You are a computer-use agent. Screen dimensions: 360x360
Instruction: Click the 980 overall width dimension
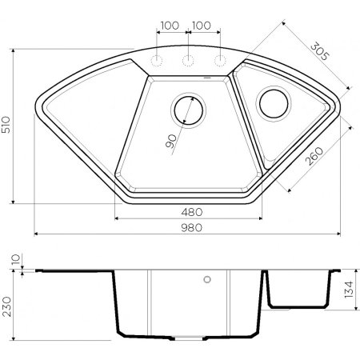click(x=190, y=227)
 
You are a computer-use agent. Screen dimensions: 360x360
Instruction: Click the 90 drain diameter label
click(x=171, y=140)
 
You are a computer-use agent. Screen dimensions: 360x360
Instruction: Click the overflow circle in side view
click(x=208, y=281)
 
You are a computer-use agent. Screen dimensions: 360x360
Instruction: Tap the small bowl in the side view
click(x=298, y=290)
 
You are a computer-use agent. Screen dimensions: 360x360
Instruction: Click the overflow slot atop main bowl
click(x=206, y=78)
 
